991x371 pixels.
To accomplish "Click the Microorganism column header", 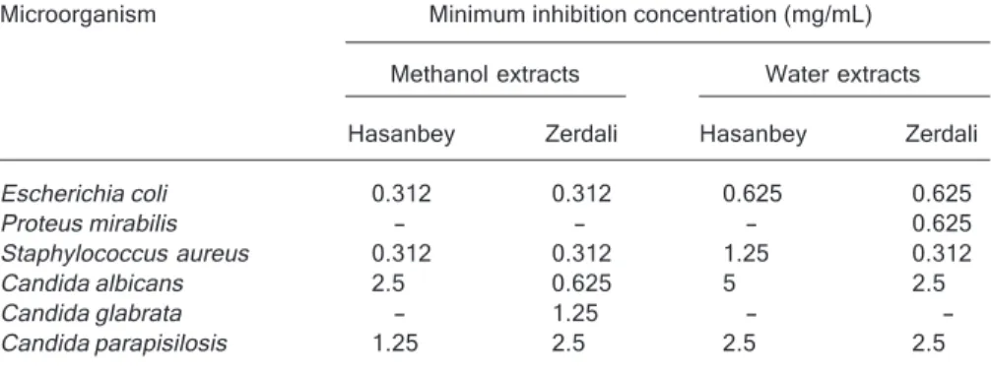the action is click(x=78, y=15).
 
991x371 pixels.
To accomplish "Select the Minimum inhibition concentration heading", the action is click(x=650, y=15).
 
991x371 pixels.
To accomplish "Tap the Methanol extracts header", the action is click(x=485, y=75).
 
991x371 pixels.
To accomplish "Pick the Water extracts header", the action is click(x=842, y=75).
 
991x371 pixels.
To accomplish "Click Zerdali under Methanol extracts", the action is click(x=581, y=135).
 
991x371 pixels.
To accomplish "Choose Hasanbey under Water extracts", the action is click(x=753, y=135).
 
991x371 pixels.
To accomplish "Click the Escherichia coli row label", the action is click(x=84, y=194).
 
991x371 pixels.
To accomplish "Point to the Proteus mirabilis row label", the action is click(x=89, y=223).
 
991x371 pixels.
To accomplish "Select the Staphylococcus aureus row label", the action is click(x=124, y=254).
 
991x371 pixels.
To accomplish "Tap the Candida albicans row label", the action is click(x=92, y=283).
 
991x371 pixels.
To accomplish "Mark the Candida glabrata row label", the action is click(x=91, y=314).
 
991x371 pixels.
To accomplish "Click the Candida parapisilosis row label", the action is click(x=113, y=343).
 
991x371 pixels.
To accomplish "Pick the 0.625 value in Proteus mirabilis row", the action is click(x=941, y=223).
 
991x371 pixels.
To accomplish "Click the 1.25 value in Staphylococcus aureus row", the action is click(x=746, y=254).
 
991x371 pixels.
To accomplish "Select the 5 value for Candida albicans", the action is click(x=730, y=283).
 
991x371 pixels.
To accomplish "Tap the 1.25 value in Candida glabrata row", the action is click(x=574, y=314).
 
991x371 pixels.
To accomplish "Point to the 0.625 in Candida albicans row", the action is click(x=581, y=283).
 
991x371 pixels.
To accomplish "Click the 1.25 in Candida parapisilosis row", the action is click(x=394, y=343).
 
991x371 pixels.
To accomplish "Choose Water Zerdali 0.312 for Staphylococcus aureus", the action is click(x=941, y=254).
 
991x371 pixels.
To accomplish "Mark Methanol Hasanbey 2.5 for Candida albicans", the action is click(x=387, y=283).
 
